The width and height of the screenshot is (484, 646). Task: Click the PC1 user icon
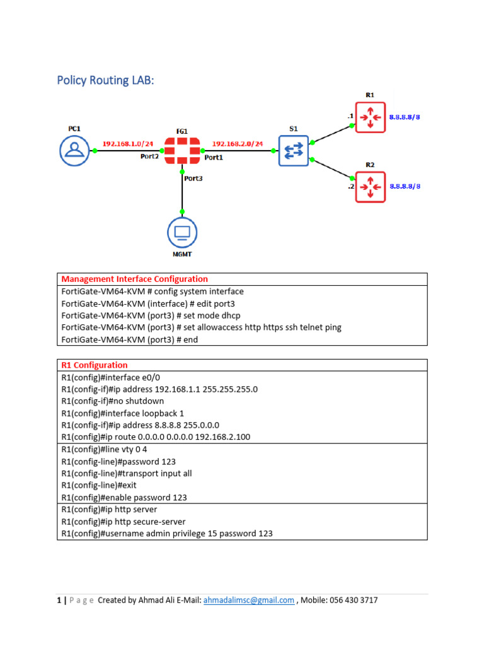click(75, 151)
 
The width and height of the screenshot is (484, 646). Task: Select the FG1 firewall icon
click(181, 151)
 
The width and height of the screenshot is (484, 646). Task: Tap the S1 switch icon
click(294, 151)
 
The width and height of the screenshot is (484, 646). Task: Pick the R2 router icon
click(371, 186)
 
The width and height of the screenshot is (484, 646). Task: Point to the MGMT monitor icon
click(182, 233)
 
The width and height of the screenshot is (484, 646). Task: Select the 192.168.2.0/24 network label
click(237, 143)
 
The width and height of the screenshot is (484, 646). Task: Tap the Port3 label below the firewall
click(193, 178)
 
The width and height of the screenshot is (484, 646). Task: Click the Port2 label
click(149, 157)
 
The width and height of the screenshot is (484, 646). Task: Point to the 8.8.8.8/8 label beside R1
click(405, 117)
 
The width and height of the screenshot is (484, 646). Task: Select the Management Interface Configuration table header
click(134, 279)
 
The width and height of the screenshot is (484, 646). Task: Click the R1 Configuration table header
click(95, 365)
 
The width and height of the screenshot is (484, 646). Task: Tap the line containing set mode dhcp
click(151, 315)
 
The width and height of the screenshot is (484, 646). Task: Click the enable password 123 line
click(124, 497)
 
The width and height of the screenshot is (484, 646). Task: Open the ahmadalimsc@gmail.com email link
click(248, 600)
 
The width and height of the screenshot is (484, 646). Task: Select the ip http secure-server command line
click(124, 521)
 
